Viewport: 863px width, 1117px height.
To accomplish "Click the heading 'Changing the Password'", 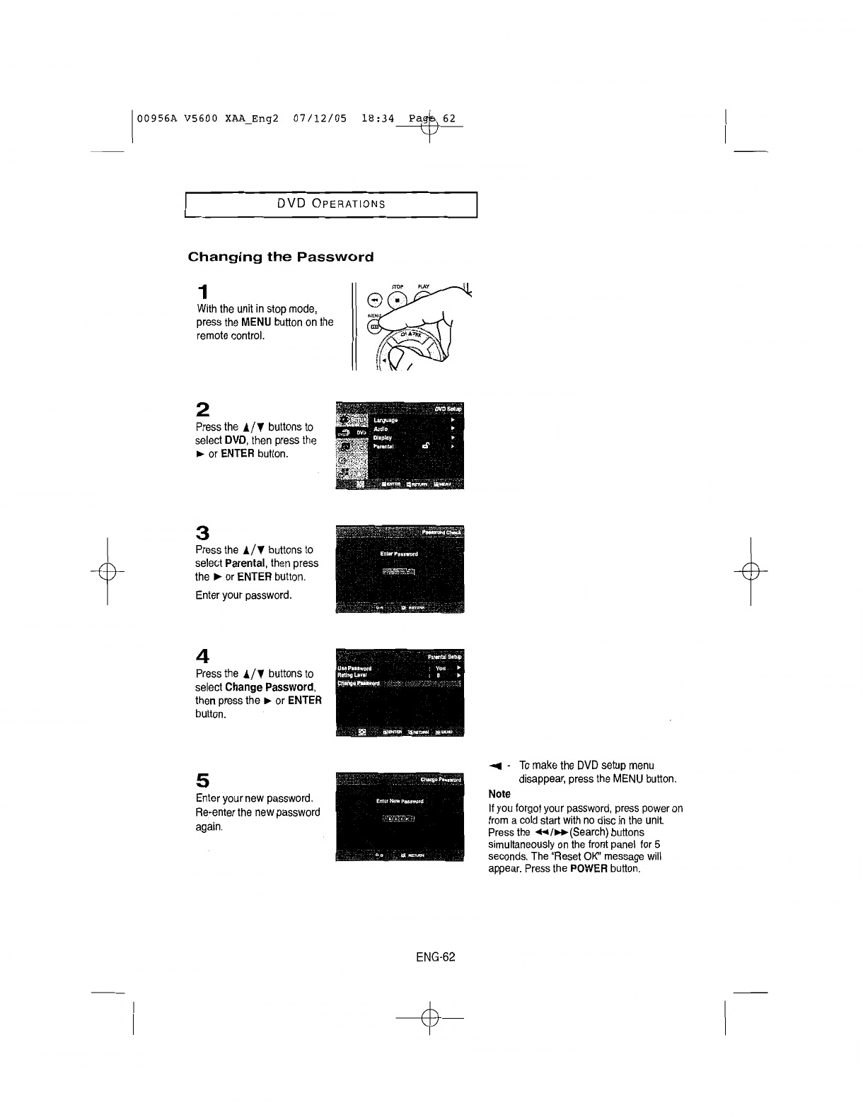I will coord(280,257).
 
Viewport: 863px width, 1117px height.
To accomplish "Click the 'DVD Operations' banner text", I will coord(331,204).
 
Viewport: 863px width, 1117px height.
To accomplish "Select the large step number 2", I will coord(203,409).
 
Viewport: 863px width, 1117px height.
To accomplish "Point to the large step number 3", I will coord(203,532).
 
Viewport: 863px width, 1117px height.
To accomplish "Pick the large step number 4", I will coord(203,655).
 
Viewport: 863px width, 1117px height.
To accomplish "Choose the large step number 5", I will coord(203,780).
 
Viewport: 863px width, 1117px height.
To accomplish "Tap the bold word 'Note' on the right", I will coord(499,795).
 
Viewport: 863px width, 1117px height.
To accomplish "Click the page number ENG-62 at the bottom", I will coord(435,957).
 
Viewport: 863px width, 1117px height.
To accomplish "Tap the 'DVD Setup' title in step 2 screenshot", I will coord(448,409).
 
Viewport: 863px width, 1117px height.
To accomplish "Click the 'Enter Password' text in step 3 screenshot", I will coord(399,554).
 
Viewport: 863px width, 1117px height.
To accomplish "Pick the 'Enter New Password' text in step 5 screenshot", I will coord(400,802).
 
